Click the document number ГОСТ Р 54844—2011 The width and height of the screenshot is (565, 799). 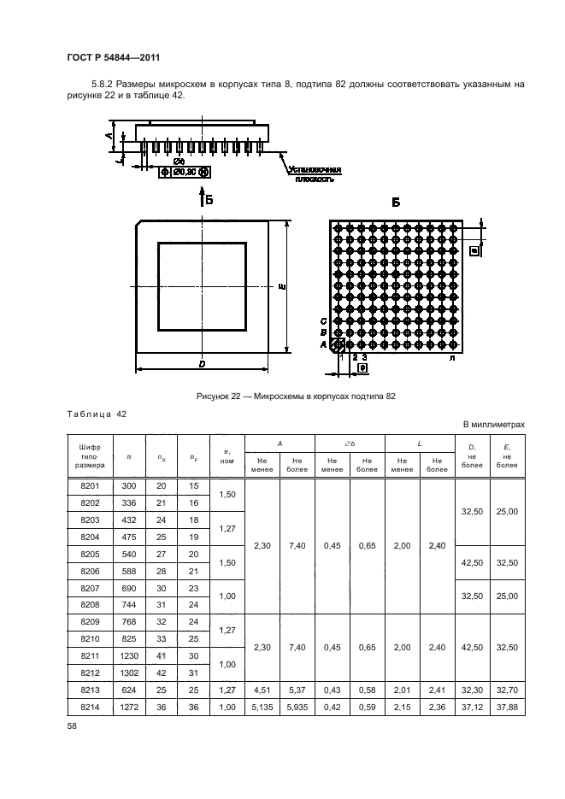113,58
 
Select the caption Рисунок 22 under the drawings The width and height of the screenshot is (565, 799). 295,396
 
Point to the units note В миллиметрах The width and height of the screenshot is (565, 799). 493,425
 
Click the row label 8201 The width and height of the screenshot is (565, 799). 90,486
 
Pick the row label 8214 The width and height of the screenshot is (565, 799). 90,706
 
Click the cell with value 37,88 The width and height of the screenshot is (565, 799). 508,706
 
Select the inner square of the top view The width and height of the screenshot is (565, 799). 202,286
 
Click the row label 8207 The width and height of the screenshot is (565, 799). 90,588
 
